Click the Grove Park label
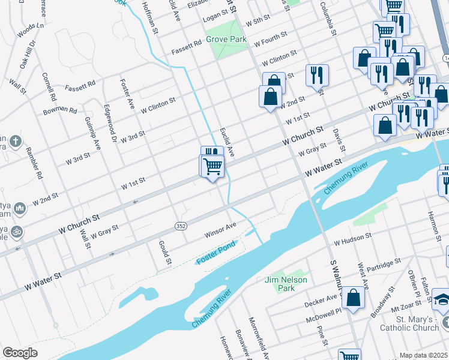pyautogui.click(x=226, y=39)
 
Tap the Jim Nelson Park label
pyautogui.click(x=286, y=284)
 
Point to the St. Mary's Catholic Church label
pyautogui.click(x=409, y=323)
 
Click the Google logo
pyautogui.click(x=20, y=353)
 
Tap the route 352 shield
pyautogui.click(x=180, y=226)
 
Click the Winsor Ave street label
pyautogui.click(x=221, y=230)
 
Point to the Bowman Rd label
pyautogui.click(x=60, y=111)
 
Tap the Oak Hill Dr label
pyautogui.click(x=28, y=52)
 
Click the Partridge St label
pyautogui.click(x=384, y=265)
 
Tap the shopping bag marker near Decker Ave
pyautogui.click(x=354, y=298)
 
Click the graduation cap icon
pyautogui.click(x=441, y=298)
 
